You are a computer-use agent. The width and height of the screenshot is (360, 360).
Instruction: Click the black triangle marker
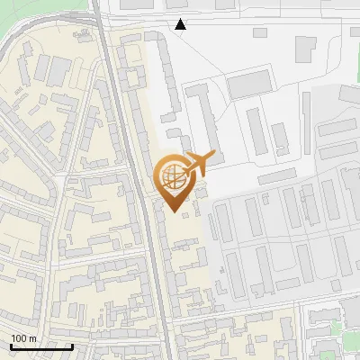tap(181, 24)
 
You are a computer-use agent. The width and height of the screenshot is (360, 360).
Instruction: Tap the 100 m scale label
tap(23, 338)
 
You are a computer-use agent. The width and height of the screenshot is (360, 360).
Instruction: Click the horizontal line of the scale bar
tap(41, 346)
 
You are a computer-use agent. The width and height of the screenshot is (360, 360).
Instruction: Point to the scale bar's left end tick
tap(11, 345)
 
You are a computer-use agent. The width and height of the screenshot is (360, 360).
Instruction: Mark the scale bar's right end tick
tap(72, 345)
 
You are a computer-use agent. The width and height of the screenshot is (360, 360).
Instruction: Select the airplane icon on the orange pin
tap(201, 163)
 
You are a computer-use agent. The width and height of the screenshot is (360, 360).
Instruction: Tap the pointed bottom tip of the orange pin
tap(175, 212)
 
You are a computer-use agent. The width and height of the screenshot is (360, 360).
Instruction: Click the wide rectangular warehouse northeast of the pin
tap(249, 85)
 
